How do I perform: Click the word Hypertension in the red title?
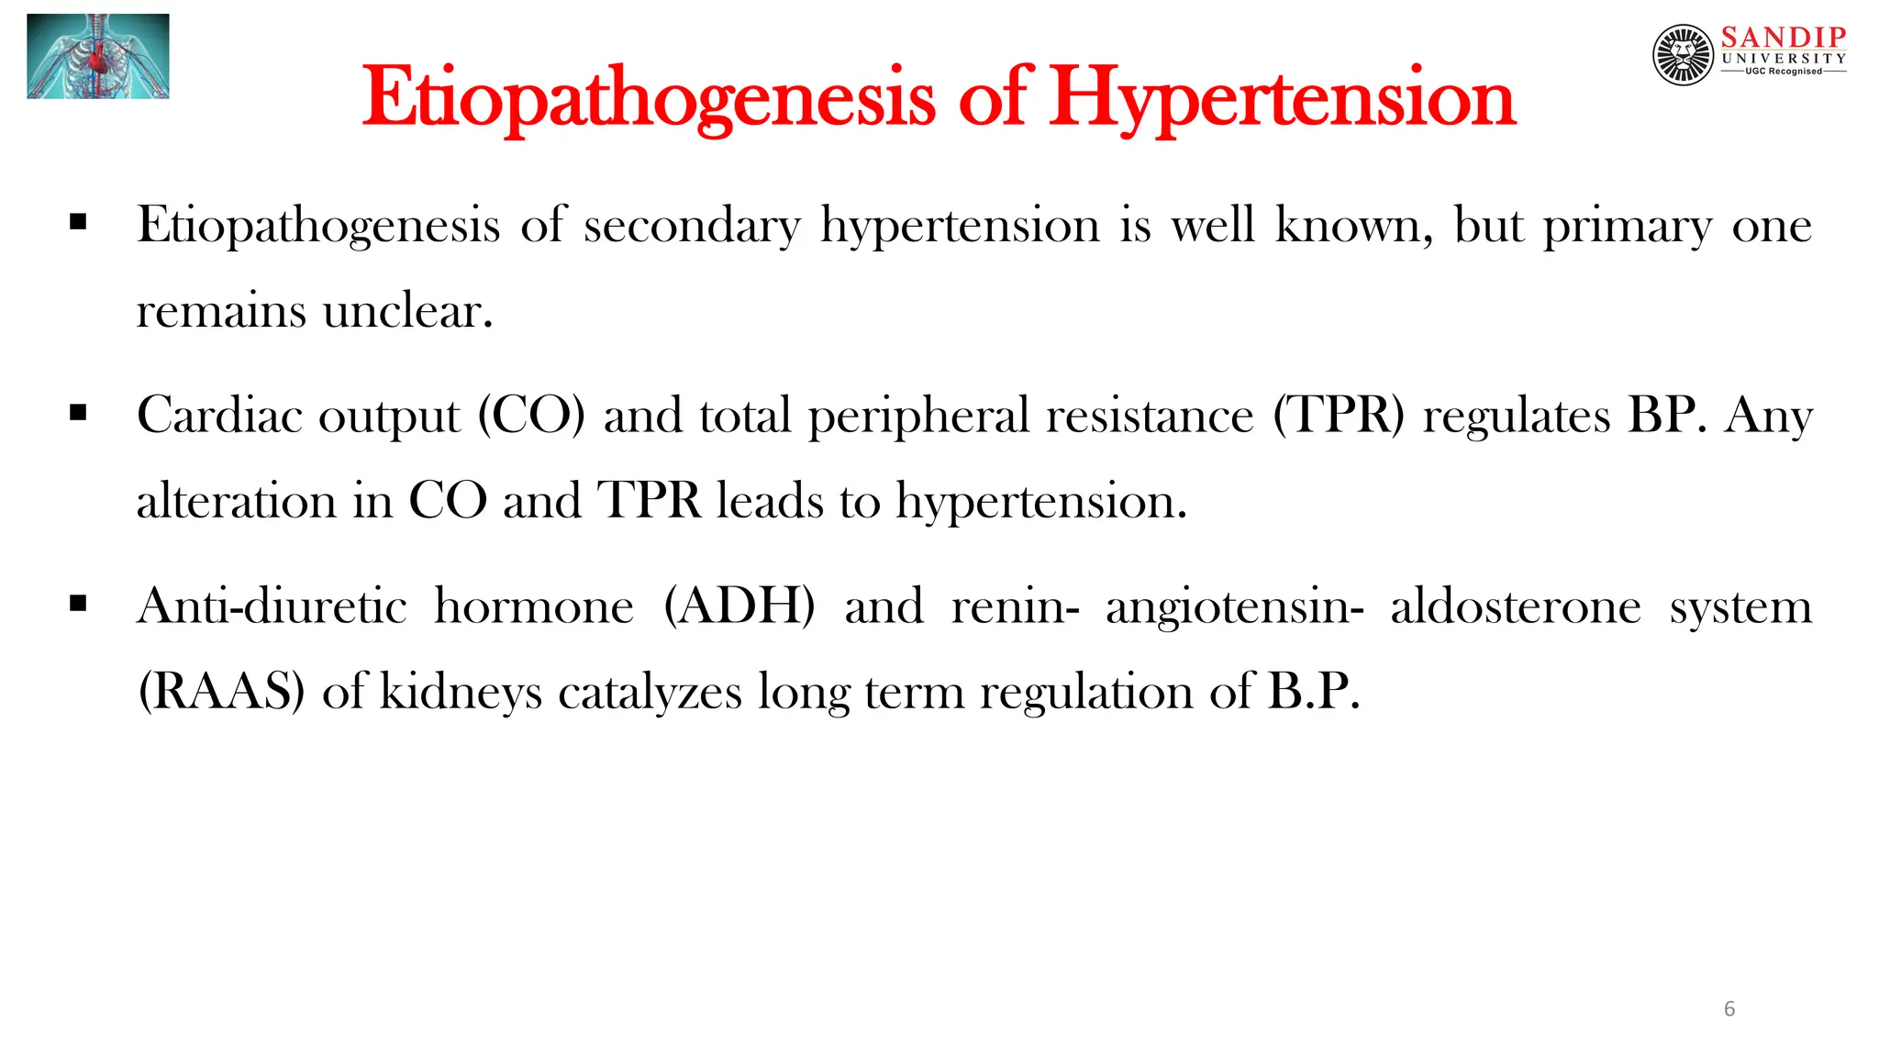pyautogui.click(x=1282, y=99)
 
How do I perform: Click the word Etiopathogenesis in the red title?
pyautogui.click(x=649, y=99)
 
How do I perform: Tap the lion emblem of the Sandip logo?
pyautogui.click(x=1683, y=55)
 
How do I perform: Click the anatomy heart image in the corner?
pyautogui.click(x=98, y=56)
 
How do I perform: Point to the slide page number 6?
pyautogui.click(x=1729, y=1009)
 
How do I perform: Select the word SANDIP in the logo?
pyautogui.click(x=1783, y=37)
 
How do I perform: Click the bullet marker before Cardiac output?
pyautogui.click(x=78, y=413)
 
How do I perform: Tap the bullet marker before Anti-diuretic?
pyautogui.click(x=78, y=603)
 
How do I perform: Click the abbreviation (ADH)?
pyautogui.click(x=739, y=606)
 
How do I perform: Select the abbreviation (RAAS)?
pyautogui.click(x=221, y=692)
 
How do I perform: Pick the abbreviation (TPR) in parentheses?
pyautogui.click(x=1339, y=416)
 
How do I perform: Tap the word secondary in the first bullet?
pyautogui.click(x=692, y=226)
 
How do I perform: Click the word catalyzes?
pyautogui.click(x=650, y=692)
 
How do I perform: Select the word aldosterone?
pyautogui.click(x=1516, y=606)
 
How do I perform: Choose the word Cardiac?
pyautogui.click(x=219, y=416)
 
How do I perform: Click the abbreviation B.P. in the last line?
pyautogui.click(x=1313, y=692)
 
